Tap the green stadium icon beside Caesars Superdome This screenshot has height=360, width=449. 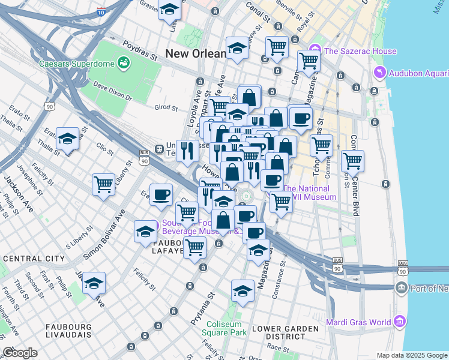pos(124,62)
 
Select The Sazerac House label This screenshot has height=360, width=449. pos(360,51)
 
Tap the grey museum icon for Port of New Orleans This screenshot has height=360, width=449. pos(401,289)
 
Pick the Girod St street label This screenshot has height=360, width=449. pos(166,109)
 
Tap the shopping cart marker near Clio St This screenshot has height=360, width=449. pos(103,184)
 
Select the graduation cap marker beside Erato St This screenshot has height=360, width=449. pos(67,139)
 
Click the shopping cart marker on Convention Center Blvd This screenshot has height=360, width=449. pos(352,160)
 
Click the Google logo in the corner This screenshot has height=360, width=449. pos(20,353)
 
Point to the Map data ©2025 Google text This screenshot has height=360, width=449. pos(412,355)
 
